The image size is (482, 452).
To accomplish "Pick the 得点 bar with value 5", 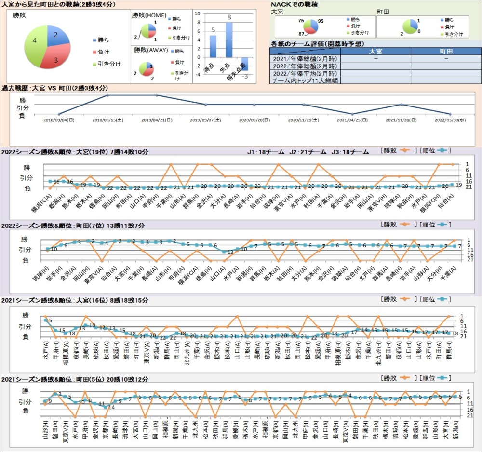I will click(213, 46).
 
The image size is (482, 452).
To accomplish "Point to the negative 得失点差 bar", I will click(245, 63).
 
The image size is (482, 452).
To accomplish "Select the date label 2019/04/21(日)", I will click(156, 120).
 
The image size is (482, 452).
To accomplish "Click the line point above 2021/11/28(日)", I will click(402, 105).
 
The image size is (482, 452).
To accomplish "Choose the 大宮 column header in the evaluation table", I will click(375, 51).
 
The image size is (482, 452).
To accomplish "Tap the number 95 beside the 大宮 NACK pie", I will click(321, 21).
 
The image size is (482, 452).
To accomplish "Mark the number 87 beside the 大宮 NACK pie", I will click(301, 34).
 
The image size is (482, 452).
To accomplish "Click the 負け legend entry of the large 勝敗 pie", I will click(103, 52).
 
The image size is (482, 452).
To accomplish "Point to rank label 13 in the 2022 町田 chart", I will click(230, 252).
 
